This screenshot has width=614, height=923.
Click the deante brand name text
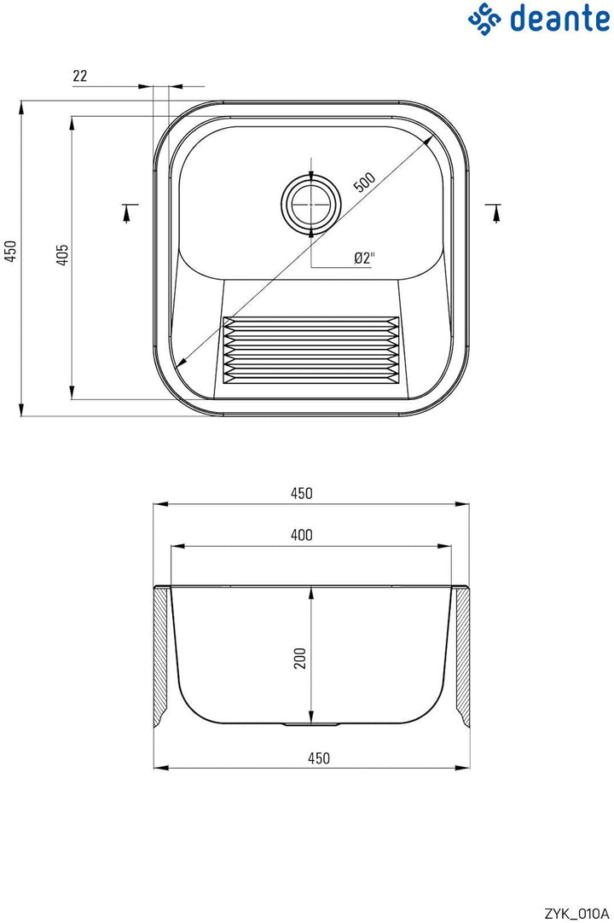(x=559, y=18)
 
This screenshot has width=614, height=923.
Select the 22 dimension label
(x=79, y=76)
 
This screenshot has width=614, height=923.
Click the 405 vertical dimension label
(x=62, y=254)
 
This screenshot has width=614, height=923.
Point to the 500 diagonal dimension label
(x=364, y=182)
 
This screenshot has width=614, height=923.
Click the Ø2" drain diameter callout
(x=364, y=258)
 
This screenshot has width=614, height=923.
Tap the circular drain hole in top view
(x=310, y=203)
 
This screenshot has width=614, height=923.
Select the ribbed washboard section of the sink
(x=310, y=346)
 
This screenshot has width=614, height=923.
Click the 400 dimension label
(x=301, y=535)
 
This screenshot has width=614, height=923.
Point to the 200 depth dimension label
(x=300, y=658)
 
